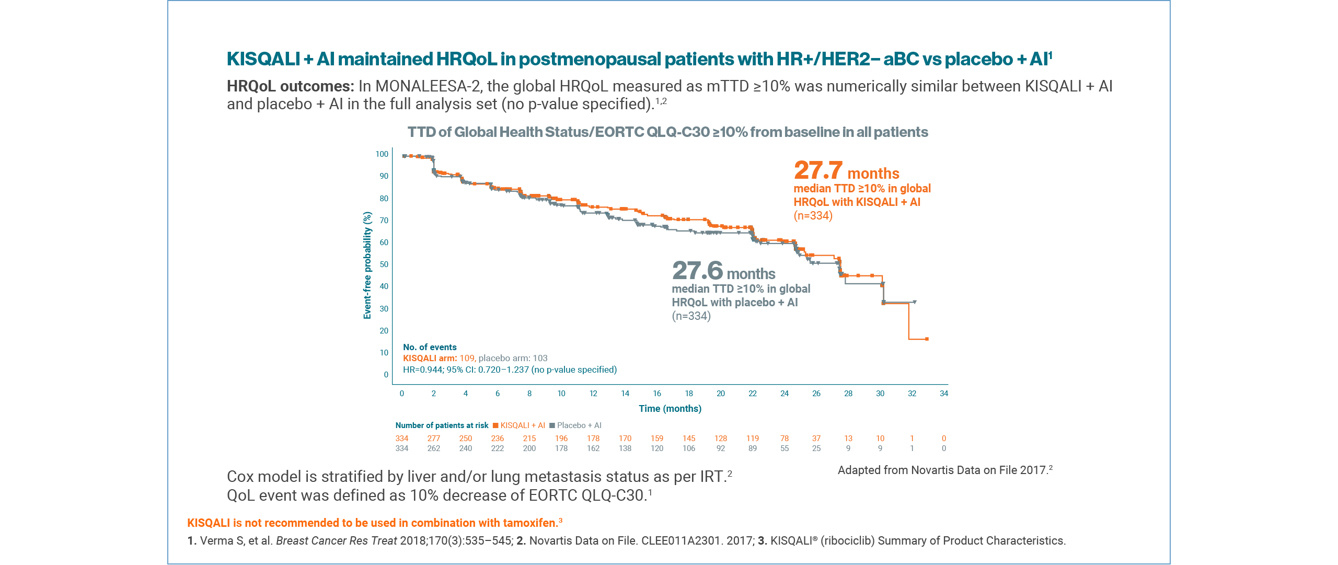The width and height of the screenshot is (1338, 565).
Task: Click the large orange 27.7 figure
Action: (818, 170)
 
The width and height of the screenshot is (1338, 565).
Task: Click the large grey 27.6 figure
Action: (697, 271)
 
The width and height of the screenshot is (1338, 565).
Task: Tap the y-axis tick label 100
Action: (382, 154)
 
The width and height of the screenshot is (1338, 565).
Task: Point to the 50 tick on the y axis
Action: (384, 264)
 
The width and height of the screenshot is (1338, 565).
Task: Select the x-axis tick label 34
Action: (943, 394)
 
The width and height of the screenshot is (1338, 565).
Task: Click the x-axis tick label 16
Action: (656, 394)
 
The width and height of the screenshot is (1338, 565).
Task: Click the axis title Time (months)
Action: (670, 409)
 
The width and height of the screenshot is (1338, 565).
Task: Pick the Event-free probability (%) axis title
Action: (367, 265)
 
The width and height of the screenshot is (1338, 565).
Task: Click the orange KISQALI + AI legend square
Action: (495, 425)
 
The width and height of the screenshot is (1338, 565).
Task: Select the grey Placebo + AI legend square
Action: (552, 425)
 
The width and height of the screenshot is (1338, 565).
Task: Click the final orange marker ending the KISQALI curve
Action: (927, 339)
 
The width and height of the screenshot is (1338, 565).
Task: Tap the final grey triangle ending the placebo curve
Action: (914, 302)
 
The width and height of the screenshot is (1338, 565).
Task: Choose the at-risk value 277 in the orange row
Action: (433, 439)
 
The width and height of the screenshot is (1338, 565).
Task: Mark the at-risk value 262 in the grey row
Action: (433, 448)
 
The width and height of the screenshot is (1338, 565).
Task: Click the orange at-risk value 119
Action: (752, 439)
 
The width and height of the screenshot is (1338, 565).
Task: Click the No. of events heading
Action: (430, 347)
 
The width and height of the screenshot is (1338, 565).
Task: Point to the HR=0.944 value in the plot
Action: (423, 370)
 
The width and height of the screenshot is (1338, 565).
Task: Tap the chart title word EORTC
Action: (619, 132)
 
